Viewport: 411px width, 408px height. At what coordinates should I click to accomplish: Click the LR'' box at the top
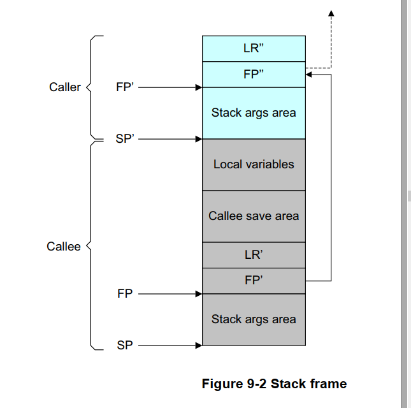254,48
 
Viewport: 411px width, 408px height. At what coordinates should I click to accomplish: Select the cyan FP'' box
254,74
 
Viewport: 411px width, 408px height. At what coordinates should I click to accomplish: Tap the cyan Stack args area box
254,113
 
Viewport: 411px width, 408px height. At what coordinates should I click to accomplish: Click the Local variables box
254,164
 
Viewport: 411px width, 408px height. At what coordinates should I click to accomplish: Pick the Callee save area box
254,216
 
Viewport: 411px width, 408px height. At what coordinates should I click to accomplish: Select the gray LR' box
254,255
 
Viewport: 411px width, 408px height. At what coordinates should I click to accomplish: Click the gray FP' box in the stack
254,280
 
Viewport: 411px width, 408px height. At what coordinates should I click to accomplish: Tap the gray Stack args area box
254,319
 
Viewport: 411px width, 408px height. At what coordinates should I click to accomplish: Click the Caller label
65,87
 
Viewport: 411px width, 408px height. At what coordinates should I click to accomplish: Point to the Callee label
64,247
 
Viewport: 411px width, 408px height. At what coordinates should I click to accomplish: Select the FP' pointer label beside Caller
125,87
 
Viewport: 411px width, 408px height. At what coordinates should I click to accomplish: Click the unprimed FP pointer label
125,294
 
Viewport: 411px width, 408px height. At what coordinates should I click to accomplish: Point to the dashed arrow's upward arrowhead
331,13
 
